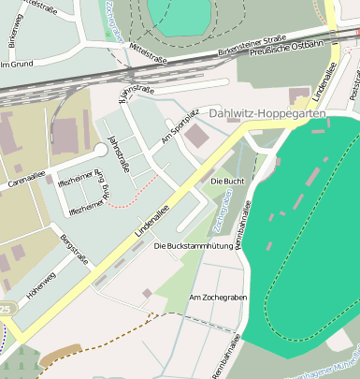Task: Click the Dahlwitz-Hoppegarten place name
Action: tap(268, 113)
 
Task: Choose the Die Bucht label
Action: tap(227, 179)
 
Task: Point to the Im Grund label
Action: tap(16, 65)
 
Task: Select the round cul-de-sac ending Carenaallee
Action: tap(100, 150)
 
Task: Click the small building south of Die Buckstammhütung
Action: tap(147, 294)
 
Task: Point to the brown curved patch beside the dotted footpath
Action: tap(59, 356)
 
